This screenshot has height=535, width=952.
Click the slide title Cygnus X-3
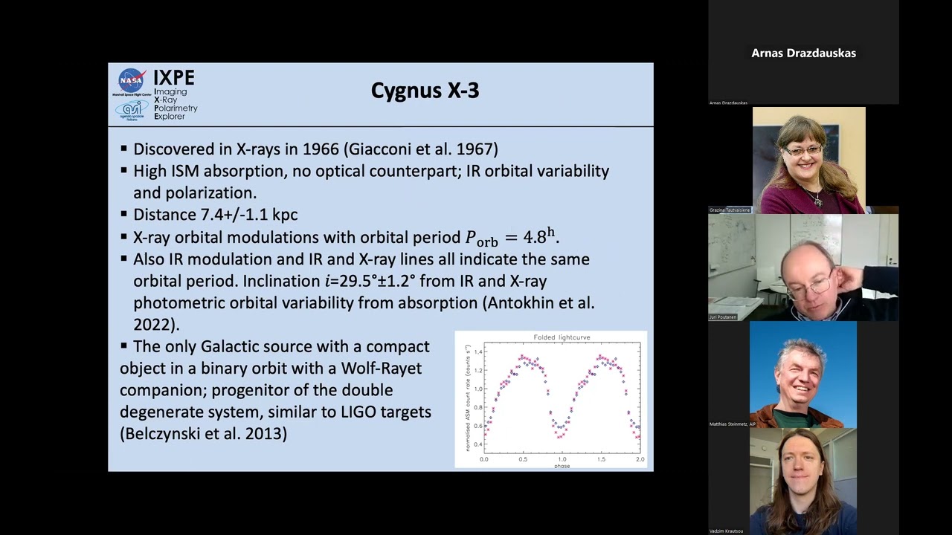point(425,91)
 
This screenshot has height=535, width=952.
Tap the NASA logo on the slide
point(132,80)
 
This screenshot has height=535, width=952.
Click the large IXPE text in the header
point(174,77)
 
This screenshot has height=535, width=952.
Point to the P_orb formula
point(511,238)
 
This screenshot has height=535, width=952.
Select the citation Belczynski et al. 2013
point(203,433)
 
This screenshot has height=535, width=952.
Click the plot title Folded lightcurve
point(562,337)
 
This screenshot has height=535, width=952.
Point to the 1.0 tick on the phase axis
point(562,459)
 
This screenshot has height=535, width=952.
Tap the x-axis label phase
point(562,466)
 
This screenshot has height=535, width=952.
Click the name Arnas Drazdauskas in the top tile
point(803,53)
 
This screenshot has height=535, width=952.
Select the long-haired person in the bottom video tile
point(803,476)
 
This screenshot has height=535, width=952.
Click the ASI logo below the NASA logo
point(132,108)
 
